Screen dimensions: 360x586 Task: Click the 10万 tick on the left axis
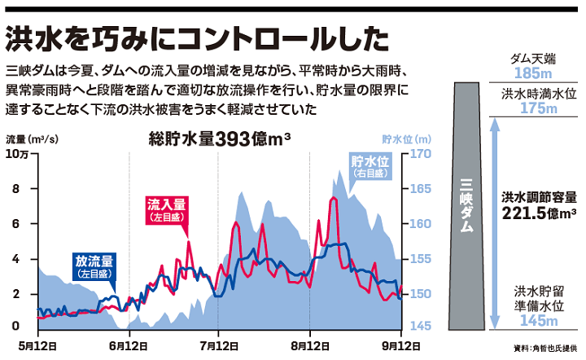tap(17, 155)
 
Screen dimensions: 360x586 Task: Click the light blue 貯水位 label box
tap(371, 166)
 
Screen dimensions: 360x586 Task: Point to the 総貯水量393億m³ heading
tap(220, 138)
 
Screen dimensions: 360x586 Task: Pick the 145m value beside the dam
tap(538, 320)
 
